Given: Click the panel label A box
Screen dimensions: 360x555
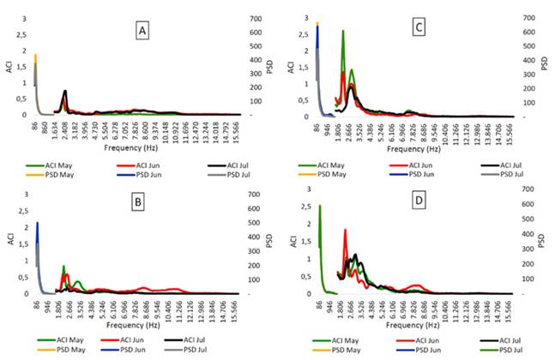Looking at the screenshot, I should click(x=145, y=32).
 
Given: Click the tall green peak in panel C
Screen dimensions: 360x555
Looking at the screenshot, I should click(x=343, y=32).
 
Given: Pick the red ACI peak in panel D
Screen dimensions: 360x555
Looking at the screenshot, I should click(x=345, y=230).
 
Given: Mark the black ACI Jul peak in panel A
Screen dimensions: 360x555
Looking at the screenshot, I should click(x=65, y=91).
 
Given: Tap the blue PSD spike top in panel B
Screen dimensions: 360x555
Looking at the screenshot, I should click(x=37, y=224).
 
